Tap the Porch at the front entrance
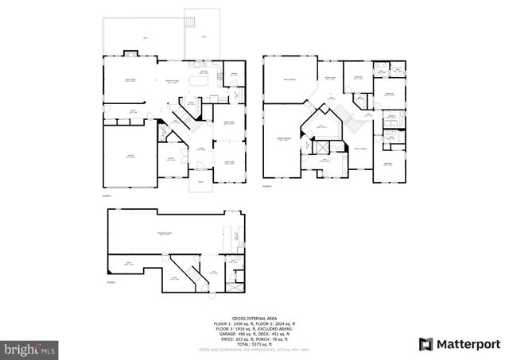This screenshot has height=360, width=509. pyautogui.click(x=201, y=182)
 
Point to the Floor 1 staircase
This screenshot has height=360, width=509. pyautogui.click(x=185, y=118)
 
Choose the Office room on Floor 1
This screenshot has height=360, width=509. pyautogui.click(x=169, y=159)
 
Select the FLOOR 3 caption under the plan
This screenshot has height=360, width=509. pyautogui.click(x=111, y=282)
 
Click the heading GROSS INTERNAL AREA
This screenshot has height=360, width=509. pyautogui.click(x=254, y=319)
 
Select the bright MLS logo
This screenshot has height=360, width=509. pyautogui.click(x=30, y=348)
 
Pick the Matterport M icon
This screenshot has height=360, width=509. pyautogui.click(x=427, y=343)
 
